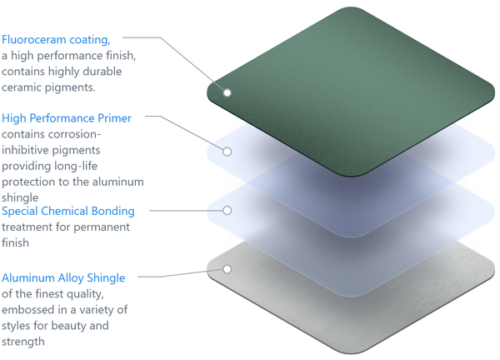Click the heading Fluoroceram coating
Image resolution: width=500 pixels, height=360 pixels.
[x=56, y=40]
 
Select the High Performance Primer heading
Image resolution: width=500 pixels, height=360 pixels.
[x=67, y=118]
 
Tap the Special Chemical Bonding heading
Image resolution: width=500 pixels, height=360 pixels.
[x=68, y=211]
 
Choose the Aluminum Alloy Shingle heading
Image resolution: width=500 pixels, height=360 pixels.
[x=63, y=277]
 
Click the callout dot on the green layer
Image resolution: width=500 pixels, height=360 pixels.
[x=227, y=92]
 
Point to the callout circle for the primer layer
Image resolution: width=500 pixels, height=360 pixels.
[x=227, y=152]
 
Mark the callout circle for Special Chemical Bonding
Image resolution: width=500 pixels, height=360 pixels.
[x=227, y=211]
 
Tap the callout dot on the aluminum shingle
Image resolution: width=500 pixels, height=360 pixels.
[x=227, y=269]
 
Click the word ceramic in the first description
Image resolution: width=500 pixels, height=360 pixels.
[x=22, y=87]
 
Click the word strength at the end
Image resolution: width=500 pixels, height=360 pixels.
[x=23, y=342]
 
